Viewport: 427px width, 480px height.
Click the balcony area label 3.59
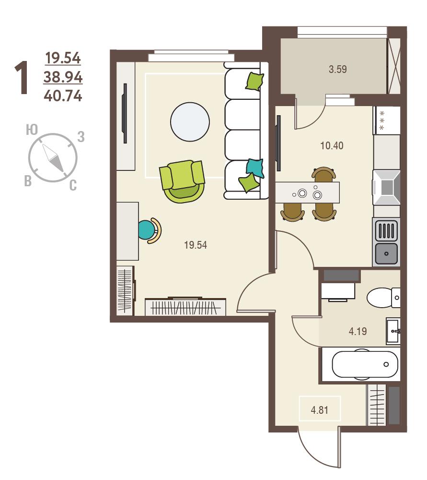[338, 69]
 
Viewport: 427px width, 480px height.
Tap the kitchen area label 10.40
[332, 145]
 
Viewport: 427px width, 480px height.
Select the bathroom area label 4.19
[358, 331]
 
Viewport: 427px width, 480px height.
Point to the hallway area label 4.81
[319, 410]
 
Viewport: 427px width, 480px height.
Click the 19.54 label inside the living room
[196, 245]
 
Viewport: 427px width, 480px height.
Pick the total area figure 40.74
[63, 96]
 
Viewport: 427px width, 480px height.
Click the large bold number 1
[22, 77]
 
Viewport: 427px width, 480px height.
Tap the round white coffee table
[190, 122]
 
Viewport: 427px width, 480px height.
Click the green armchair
[182, 181]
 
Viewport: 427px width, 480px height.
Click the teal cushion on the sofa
[255, 168]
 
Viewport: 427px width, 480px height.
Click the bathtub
[365, 364]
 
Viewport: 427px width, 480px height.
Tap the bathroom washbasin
[393, 331]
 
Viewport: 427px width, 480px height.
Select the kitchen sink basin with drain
[386, 253]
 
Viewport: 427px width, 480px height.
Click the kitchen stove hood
[386, 187]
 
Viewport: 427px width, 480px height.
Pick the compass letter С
[73, 185]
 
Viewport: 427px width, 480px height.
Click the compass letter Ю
[32, 130]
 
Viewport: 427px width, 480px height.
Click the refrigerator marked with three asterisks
[387, 120]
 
